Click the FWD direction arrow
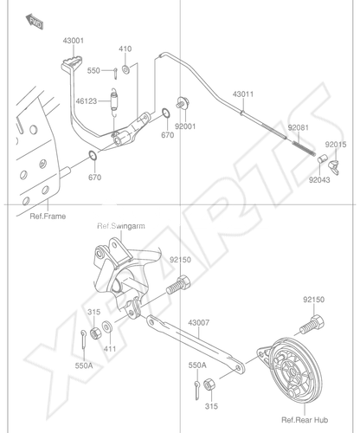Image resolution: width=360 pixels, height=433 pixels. point(35,22)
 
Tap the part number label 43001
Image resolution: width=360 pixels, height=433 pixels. point(74,41)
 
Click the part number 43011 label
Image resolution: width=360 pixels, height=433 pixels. point(243,94)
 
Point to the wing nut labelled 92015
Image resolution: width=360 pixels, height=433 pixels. point(334,167)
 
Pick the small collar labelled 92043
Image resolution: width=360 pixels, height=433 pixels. point(322,158)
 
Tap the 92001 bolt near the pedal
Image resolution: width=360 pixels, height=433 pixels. point(183,103)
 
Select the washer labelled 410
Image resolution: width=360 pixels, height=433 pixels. point(125,69)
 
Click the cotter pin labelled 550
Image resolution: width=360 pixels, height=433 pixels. point(115,73)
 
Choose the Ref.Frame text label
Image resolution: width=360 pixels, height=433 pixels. point(48,216)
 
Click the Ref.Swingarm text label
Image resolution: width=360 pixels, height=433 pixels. point(121,226)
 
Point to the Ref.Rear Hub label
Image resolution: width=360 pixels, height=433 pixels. point(305,420)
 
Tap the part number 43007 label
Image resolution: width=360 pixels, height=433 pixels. point(199,322)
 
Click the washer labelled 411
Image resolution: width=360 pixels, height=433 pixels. point(107,326)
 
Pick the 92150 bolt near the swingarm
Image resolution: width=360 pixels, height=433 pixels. point(178,285)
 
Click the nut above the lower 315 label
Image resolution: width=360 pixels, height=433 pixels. point(209,386)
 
